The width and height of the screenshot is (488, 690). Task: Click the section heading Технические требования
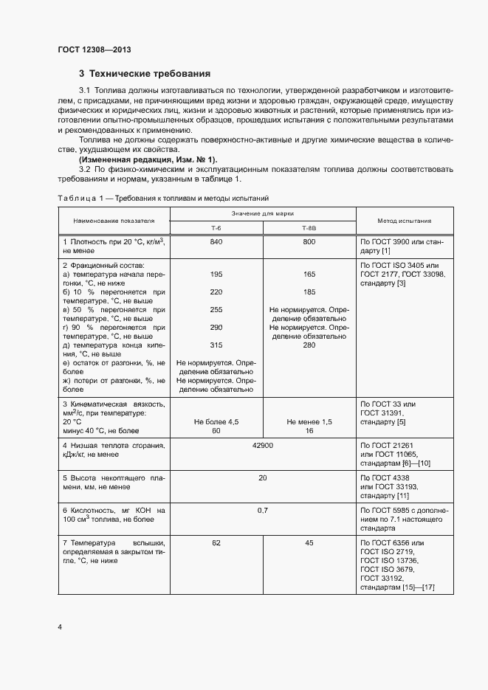pyautogui.click(x=145, y=74)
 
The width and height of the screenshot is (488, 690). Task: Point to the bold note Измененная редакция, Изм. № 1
pyautogui.click(x=148, y=159)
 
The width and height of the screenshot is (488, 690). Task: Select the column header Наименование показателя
pyautogui.click(x=114, y=221)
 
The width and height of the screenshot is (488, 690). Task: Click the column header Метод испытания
pyautogui.click(x=405, y=221)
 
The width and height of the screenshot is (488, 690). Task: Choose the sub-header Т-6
pyautogui.click(x=216, y=228)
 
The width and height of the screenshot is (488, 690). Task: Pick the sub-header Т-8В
pyautogui.click(x=309, y=228)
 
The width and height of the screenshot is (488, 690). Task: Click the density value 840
pyautogui.click(x=216, y=242)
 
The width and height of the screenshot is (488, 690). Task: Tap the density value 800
pyautogui.click(x=309, y=242)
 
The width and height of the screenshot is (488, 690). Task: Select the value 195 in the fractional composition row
pyautogui.click(x=216, y=274)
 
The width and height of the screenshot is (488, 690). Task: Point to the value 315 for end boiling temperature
pyautogui.click(x=216, y=345)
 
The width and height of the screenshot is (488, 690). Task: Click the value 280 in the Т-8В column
pyautogui.click(x=309, y=345)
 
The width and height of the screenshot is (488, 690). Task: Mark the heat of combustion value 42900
pyautogui.click(x=263, y=446)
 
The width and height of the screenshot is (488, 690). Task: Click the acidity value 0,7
pyautogui.click(x=263, y=511)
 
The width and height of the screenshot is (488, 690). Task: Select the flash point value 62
pyautogui.click(x=216, y=543)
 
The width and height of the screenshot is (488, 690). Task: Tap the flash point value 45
pyautogui.click(x=309, y=543)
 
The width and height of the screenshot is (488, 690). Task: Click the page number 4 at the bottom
pyautogui.click(x=60, y=627)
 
